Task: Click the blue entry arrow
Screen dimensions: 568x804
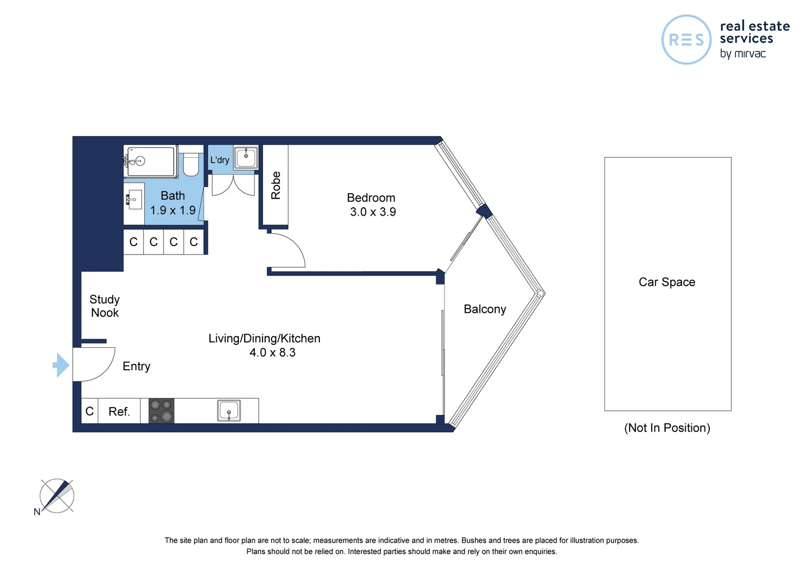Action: [x=62, y=365]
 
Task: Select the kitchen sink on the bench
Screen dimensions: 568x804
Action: [x=229, y=411]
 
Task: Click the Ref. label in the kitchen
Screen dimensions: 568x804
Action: [x=119, y=412]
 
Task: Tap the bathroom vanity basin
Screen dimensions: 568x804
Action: [x=135, y=200]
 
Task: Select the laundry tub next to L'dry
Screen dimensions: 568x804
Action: [x=246, y=157]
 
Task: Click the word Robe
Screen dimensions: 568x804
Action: [x=276, y=185]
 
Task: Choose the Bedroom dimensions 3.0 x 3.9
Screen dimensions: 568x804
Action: [x=373, y=212]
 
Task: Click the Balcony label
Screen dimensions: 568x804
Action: [x=485, y=309]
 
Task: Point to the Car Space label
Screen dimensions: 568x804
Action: [x=667, y=282]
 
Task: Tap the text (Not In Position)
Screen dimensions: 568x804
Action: [x=667, y=428]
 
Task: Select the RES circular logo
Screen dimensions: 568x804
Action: [x=686, y=40]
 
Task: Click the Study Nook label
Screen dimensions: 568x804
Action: [x=105, y=306]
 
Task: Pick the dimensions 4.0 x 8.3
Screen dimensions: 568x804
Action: [x=272, y=353]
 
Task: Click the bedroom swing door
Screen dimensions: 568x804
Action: [x=287, y=250]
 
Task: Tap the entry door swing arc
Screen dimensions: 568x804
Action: [x=95, y=364]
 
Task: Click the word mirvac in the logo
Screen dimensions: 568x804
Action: [x=750, y=54]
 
